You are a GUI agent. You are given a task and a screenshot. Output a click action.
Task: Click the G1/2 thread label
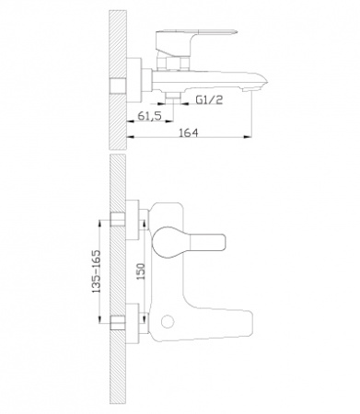209,99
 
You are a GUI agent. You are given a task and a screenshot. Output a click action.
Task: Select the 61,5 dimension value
149,116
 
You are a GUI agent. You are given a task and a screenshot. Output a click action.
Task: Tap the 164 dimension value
189,132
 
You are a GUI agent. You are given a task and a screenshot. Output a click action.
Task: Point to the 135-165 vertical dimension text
97,271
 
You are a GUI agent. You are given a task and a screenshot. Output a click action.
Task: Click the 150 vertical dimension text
141,271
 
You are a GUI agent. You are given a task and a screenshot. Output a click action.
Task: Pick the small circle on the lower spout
168,322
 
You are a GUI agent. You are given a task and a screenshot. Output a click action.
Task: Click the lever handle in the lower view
189,242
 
